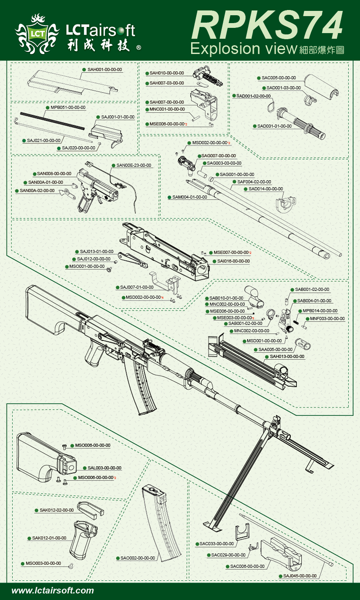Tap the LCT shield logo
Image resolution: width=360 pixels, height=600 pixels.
tap(37, 33)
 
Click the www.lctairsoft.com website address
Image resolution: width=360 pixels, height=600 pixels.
tap(53, 591)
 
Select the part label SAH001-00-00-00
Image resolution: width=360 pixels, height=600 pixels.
tap(104, 69)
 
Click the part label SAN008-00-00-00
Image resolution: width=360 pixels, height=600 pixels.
tap(54, 173)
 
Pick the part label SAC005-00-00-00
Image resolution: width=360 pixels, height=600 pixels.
tap(279, 78)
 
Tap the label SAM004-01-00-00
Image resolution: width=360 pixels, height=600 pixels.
tap(189, 197)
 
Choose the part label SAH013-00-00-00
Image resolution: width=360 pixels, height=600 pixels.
tap(287, 357)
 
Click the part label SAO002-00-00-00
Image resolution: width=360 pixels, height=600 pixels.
tap(138, 558)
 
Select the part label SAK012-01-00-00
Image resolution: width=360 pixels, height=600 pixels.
tap(49, 538)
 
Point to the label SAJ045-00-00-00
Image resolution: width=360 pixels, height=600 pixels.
tap(300, 576)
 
